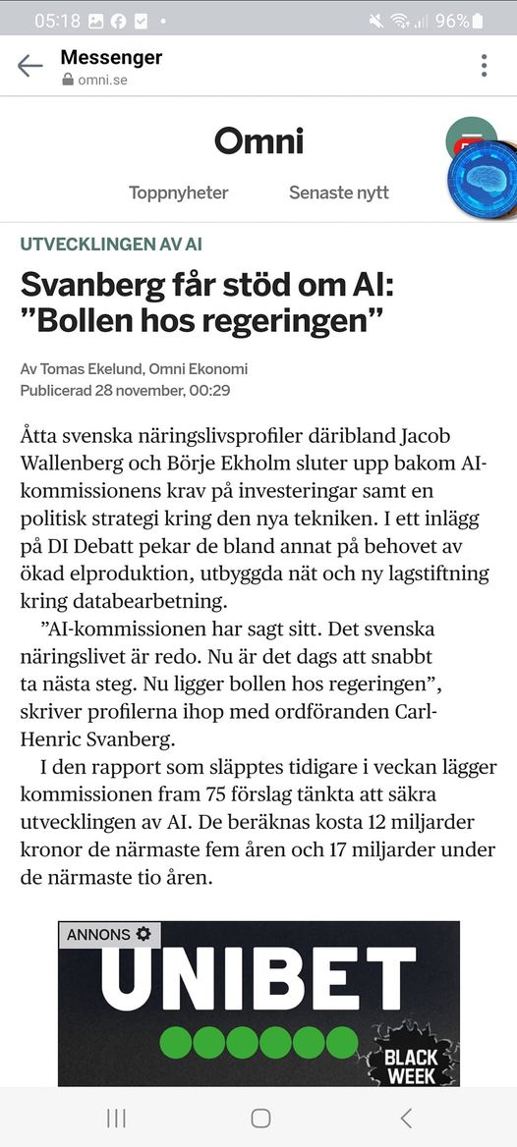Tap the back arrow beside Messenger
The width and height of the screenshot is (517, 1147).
[x=30, y=66]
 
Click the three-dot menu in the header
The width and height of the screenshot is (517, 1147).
[x=484, y=66]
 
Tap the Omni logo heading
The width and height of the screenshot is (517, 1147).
[x=258, y=141]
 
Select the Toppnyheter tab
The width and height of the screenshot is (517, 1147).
[x=179, y=192]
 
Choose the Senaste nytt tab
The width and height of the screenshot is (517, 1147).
[x=338, y=192]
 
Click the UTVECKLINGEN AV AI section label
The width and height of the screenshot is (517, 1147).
[x=111, y=245]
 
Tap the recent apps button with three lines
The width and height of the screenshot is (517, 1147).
[x=115, y=1118]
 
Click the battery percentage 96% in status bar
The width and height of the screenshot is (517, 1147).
[x=452, y=20]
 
